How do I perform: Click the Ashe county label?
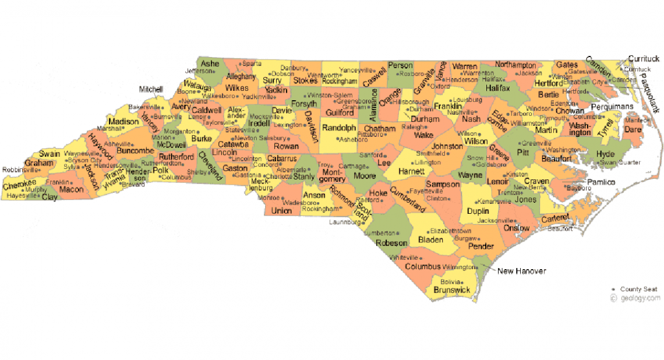[210, 63]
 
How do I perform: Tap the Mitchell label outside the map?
[151, 90]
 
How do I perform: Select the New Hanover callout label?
[522, 271]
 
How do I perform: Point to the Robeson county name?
[391, 243]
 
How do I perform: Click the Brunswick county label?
[452, 290]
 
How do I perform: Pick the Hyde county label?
[605, 154]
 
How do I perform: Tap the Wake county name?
[423, 135]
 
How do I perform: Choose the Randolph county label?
[338, 128]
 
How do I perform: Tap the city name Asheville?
[118, 143]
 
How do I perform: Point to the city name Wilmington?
[458, 267]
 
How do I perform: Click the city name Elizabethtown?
[450, 231]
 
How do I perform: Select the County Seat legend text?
[638, 290]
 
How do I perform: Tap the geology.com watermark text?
[640, 298]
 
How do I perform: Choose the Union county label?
[282, 210]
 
